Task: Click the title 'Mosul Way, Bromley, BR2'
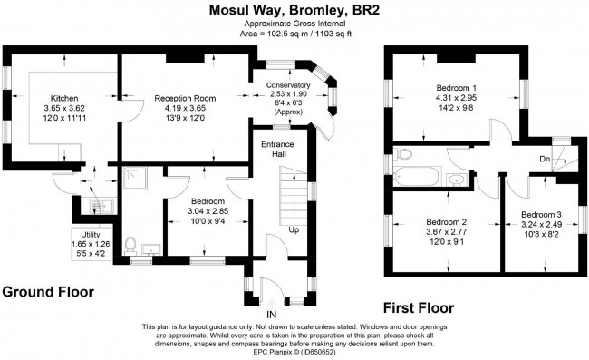click(x=294, y=11)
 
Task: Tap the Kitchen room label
click(x=64, y=97)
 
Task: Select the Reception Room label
click(x=185, y=97)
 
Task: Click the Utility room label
click(x=89, y=234)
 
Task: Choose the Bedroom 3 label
click(x=542, y=215)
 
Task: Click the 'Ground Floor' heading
click(x=46, y=293)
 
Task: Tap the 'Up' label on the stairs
click(x=294, y=230)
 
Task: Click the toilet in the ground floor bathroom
click(x=132, y=243)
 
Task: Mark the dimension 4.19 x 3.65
click(x=185, y=107)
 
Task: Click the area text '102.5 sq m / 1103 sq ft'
click(x=294, y=34)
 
